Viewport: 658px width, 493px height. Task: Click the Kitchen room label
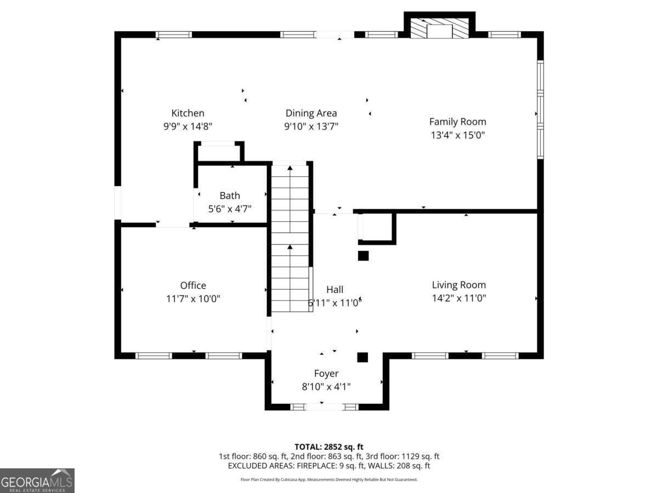(x=188, y=113)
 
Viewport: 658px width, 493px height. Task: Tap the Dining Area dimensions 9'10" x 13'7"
(x=311, y=127)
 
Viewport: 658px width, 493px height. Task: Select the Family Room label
(x=457, y=122)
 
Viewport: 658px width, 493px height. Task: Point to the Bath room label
(x=230, y=196)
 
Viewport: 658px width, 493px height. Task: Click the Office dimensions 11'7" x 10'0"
(x=193, y=299)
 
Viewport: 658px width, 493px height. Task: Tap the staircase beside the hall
(x=290, y=238)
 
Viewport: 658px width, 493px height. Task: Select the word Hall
(x=335, y=289)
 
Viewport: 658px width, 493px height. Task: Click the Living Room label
(x=458, y=285)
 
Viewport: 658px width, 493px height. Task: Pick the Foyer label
(x=326, y=373)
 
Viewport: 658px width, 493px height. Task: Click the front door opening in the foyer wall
(x=324, y=407)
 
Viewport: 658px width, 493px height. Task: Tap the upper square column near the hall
(x=364, y=256)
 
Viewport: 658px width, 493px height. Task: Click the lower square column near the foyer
(x=362, y=357)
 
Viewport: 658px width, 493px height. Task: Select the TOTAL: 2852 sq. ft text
(x=329, y=447)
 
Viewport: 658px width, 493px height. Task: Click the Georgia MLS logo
(x=37, y=480)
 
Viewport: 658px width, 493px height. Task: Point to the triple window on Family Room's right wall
(x=540, y=110)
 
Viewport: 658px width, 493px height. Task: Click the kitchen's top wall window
(x=174, y=35)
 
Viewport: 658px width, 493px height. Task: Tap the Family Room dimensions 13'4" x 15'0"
(x=457, y=135)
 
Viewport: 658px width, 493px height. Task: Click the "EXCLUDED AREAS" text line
(x=329, y=466)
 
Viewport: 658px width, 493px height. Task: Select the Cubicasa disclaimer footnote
(x=329, y=479)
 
